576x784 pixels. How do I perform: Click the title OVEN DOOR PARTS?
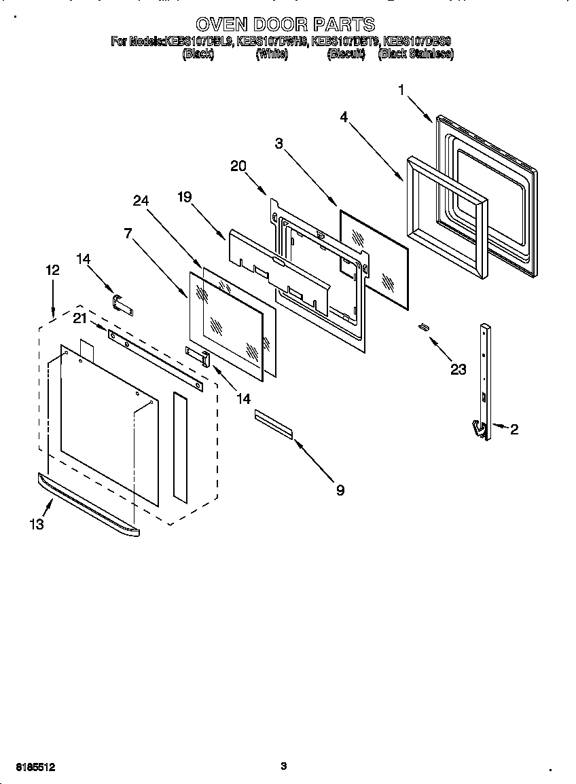(285, 25)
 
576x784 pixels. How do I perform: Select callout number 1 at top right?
(401, 90)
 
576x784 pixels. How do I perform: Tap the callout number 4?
(344, 117)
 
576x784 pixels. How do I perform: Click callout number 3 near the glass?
(278, 143)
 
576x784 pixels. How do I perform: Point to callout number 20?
(238, 166)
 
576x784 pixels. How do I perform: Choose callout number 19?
(185, 197)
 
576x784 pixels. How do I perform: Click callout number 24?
(141, 200)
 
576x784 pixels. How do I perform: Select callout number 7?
(128, 233)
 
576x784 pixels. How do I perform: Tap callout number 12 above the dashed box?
(53, 269)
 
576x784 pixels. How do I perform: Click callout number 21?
(80, 319)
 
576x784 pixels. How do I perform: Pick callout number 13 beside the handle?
(36, 524)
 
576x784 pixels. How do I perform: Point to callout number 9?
(340, 490)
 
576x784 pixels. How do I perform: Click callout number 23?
(458, 369)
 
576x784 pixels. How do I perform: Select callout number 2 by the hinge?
(514, 429)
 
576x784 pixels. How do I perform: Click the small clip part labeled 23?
(424, 327)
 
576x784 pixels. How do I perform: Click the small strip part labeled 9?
(273, 424)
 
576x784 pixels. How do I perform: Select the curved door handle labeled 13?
(88, 506)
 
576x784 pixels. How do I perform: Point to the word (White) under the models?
(272, 54)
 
